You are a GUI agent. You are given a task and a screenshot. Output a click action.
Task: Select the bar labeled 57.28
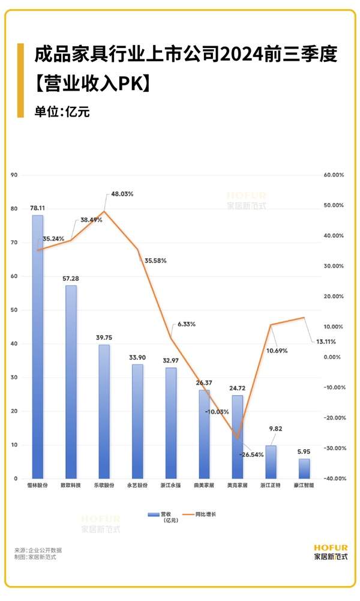[71, 381]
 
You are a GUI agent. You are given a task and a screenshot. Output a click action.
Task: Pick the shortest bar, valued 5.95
[304, 468]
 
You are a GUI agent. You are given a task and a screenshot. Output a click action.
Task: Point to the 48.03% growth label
[122, 194]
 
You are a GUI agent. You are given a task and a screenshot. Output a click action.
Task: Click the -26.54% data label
[252, 455]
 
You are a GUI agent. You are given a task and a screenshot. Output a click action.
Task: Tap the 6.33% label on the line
[186, 324]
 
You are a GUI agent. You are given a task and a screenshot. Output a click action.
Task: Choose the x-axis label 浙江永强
[172, 485]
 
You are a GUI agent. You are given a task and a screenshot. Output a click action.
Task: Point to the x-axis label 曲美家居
[205, 485]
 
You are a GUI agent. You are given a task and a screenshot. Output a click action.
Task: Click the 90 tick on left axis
[15, 175]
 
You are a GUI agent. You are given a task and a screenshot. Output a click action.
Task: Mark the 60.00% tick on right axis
[334, 175]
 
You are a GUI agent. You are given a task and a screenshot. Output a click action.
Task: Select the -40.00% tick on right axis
[333, 479]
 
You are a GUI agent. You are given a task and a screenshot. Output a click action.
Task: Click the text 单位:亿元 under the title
[62, 112]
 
